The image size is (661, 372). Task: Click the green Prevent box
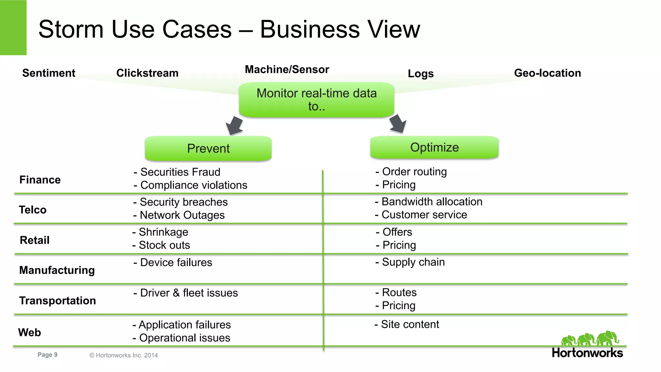208,148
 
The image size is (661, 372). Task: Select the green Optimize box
434,147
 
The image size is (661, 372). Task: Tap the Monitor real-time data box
316,100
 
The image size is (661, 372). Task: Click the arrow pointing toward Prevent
234,126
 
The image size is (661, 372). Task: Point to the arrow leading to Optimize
398,124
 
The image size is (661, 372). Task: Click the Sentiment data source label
49,73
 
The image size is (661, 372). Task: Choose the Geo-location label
547,73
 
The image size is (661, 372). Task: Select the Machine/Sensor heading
287,69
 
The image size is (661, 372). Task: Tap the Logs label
421,74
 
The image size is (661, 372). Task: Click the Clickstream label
147,73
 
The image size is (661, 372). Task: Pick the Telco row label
33,210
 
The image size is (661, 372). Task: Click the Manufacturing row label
57,270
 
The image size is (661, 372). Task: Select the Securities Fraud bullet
180,172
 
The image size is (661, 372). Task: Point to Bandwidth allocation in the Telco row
432,202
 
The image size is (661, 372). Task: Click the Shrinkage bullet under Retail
163,232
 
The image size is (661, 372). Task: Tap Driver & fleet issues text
189,293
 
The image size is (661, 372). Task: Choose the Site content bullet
410,324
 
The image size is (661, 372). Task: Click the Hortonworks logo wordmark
587,353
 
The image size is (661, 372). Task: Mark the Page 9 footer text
47,355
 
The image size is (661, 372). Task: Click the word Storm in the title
71,29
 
